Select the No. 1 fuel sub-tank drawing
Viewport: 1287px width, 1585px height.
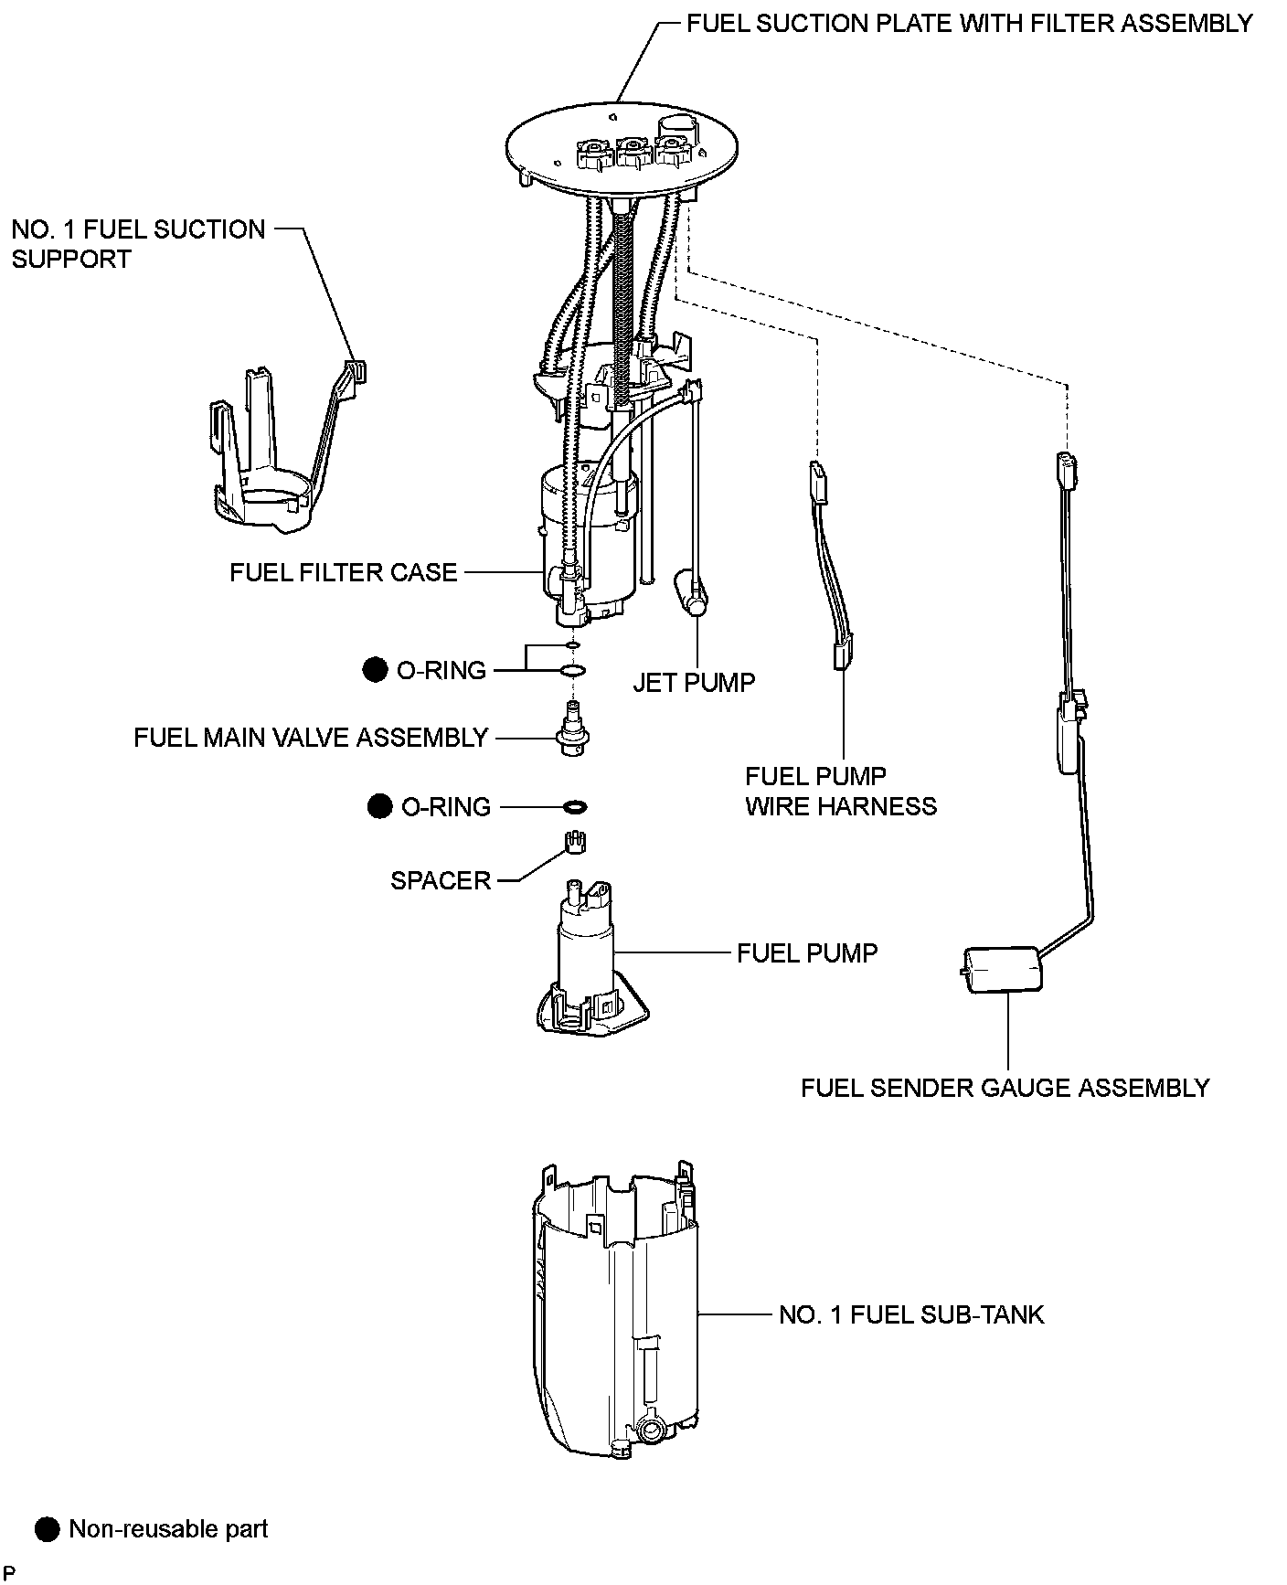coord(617,1307)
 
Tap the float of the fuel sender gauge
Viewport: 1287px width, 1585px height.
coord(1002,969)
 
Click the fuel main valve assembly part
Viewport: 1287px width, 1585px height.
coord(572,731)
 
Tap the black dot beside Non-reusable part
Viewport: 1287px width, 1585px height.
coord(47,1528)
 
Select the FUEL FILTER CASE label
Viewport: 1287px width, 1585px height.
coord(343,573)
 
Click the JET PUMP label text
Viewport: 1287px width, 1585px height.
coord(694,683)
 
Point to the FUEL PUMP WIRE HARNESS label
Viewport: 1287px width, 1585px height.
coord(840,791)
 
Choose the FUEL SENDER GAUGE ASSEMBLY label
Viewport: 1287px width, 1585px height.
coord(1005,1088)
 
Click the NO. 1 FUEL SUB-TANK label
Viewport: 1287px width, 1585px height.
coord(910,1314)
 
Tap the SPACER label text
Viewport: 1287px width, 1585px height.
coord(441,880)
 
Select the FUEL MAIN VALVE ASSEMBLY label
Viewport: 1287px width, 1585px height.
coord(311,738)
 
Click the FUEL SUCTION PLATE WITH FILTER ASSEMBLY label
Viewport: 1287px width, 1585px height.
coord(969,23)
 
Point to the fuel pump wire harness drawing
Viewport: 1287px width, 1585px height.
coord(830,567)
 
